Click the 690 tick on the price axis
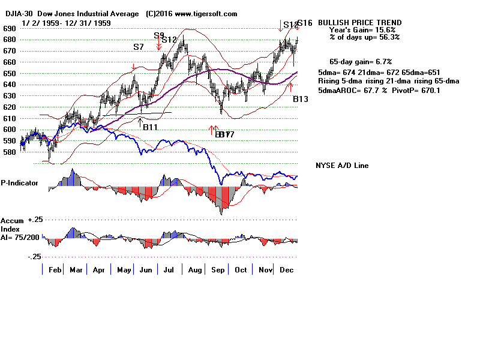[x=10, y=28]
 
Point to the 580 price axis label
[x=10, y=152]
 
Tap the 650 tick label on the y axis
[x=10, y=73]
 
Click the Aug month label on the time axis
[x=195, y=271]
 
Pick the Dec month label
[x=286, y=271]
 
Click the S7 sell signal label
[x=139, y=46]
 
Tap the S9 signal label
[x=159, y=36]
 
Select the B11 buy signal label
[x=149, y=127]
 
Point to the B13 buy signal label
[x=301, y=99]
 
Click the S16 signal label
[x=305, y=23]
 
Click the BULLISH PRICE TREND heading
[x=359, y=23]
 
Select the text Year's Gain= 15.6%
[x=362, y=30]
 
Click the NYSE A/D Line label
[x=342, y=166]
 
